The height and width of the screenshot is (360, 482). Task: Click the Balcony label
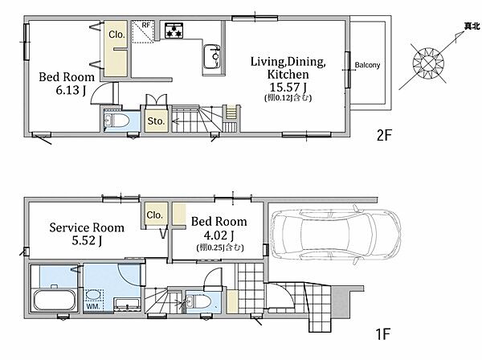(367, 65)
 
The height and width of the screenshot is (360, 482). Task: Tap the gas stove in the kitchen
(174, 31)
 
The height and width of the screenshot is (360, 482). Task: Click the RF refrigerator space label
(145, 25)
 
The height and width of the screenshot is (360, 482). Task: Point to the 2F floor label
(384, 135)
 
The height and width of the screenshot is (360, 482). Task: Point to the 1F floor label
(383, 333)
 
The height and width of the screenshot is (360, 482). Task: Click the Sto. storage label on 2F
(156, 121)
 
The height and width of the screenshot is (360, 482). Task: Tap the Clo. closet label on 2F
(116, 35)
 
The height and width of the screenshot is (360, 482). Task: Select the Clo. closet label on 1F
(154, 215)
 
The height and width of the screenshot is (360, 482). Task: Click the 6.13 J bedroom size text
(71, 90)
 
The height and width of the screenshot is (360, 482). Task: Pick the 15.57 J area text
(288, 88)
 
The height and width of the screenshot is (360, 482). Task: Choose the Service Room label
(87, 227)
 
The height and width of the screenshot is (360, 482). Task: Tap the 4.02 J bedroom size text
(219, 235)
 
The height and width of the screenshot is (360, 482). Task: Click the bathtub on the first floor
(55, 300)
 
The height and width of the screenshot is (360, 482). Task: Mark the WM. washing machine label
(92, 306)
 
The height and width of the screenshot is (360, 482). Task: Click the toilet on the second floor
(116, 121)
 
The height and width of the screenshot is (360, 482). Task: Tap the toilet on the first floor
(199, 301)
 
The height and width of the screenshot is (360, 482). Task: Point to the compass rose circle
(428, 63)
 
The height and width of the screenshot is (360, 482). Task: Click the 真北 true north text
(472, 27)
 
